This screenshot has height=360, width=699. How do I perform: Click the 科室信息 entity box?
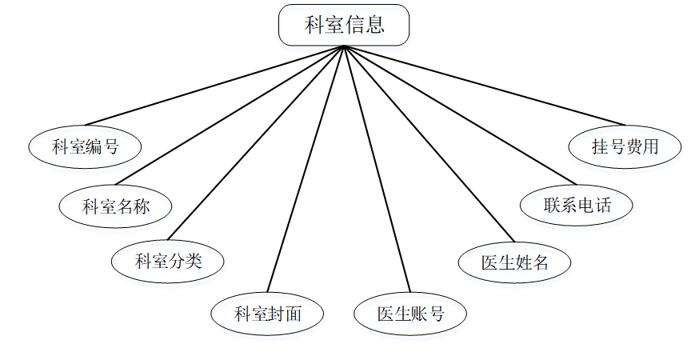(x=344, y=25)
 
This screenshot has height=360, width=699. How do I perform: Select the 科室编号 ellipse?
(x=85, y=146)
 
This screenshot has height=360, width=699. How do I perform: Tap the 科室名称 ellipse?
(x=116, y=206)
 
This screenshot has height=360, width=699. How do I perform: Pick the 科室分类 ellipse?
(x=168, y=260)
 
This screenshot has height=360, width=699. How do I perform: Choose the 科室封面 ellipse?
(x=267, y=313)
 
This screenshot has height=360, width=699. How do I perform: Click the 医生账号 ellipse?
(x=410, y=313)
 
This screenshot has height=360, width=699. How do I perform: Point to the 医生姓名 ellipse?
(x=515, y=262)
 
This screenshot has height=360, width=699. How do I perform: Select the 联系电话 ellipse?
(x=577, y=205)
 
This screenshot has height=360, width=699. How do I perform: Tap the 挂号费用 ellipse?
(x=625, y=146)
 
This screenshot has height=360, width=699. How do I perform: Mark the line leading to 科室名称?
(x=230, y=115)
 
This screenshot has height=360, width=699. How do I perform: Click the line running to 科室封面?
(x=306, y=168)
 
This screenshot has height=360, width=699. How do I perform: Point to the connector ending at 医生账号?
(x=377, y=168)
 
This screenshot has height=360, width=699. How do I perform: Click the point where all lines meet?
(x=344, y=46)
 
